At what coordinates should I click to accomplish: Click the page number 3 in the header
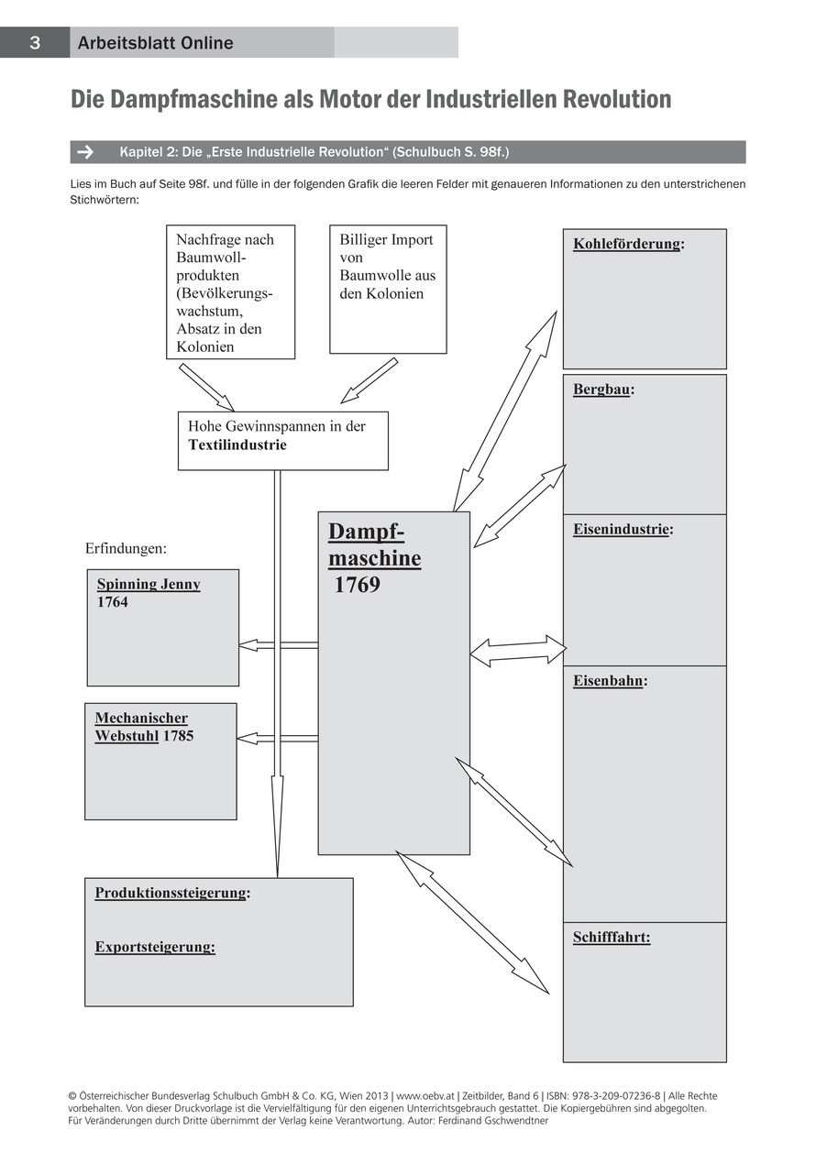(34, 43)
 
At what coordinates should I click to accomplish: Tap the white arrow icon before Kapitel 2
(86, 152)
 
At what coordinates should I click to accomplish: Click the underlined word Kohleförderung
(627, 244)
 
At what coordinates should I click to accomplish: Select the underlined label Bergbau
(601, 390)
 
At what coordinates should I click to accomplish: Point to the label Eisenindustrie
(621, 530)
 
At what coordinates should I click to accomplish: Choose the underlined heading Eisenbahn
(608, 681)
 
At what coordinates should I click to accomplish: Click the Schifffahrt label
(612, 938)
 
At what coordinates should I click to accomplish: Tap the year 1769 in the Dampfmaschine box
(357, 586)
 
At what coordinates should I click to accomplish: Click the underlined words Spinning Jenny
(149, 585)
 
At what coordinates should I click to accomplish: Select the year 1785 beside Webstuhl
(178, 736)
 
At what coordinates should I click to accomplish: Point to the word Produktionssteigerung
(171, 893)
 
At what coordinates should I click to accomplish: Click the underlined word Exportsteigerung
(155, 947)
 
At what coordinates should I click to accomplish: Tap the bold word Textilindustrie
(237, 445)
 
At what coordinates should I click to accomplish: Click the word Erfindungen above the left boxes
(126, 549)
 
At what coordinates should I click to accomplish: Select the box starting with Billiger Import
(388, 289)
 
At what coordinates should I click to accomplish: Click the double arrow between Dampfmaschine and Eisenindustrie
(518, 651)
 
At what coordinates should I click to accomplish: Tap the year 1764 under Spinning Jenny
(113, 602)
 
